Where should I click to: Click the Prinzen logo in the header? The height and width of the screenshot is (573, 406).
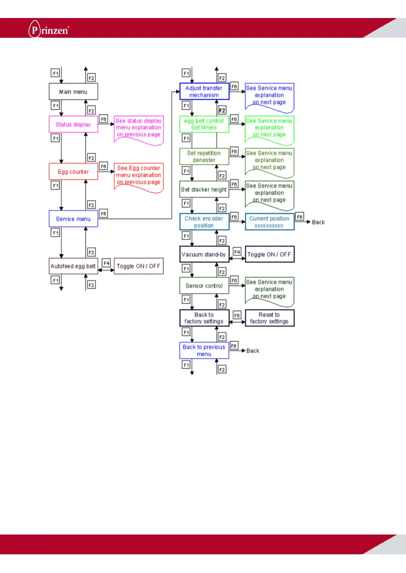click(49, 29)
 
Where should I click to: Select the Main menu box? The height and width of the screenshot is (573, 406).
click(73, 92)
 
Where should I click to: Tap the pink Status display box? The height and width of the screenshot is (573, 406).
click(73, 124)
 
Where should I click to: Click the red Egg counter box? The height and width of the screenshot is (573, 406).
click(73, 171)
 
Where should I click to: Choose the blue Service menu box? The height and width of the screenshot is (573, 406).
click(73, 219)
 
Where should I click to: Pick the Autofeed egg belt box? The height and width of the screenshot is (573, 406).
click(73, 266)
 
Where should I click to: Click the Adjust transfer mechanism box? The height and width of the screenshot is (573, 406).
click(204, 92)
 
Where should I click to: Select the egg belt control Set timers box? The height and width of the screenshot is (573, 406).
click(204, 124)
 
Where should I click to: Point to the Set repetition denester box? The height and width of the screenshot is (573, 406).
click(204, 157)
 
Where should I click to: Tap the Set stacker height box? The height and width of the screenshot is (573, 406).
click(204, 189)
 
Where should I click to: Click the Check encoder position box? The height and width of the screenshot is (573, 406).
click(204, 222)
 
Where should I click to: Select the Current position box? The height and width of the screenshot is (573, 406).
click(269, 222)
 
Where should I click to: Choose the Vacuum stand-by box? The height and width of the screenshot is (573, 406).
click(204, 254)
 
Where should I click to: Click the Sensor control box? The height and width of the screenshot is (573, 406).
click(204, 285)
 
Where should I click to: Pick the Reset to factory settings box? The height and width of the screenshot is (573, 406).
click(269, 318)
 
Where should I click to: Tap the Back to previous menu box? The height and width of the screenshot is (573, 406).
click(204, 350)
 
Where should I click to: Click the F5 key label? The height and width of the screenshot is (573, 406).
click(237, 315)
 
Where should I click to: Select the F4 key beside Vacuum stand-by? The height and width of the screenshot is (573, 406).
click(237, 252)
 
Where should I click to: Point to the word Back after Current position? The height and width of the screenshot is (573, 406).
click(318, 222)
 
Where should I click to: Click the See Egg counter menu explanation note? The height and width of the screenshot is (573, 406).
click(138, 176)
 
